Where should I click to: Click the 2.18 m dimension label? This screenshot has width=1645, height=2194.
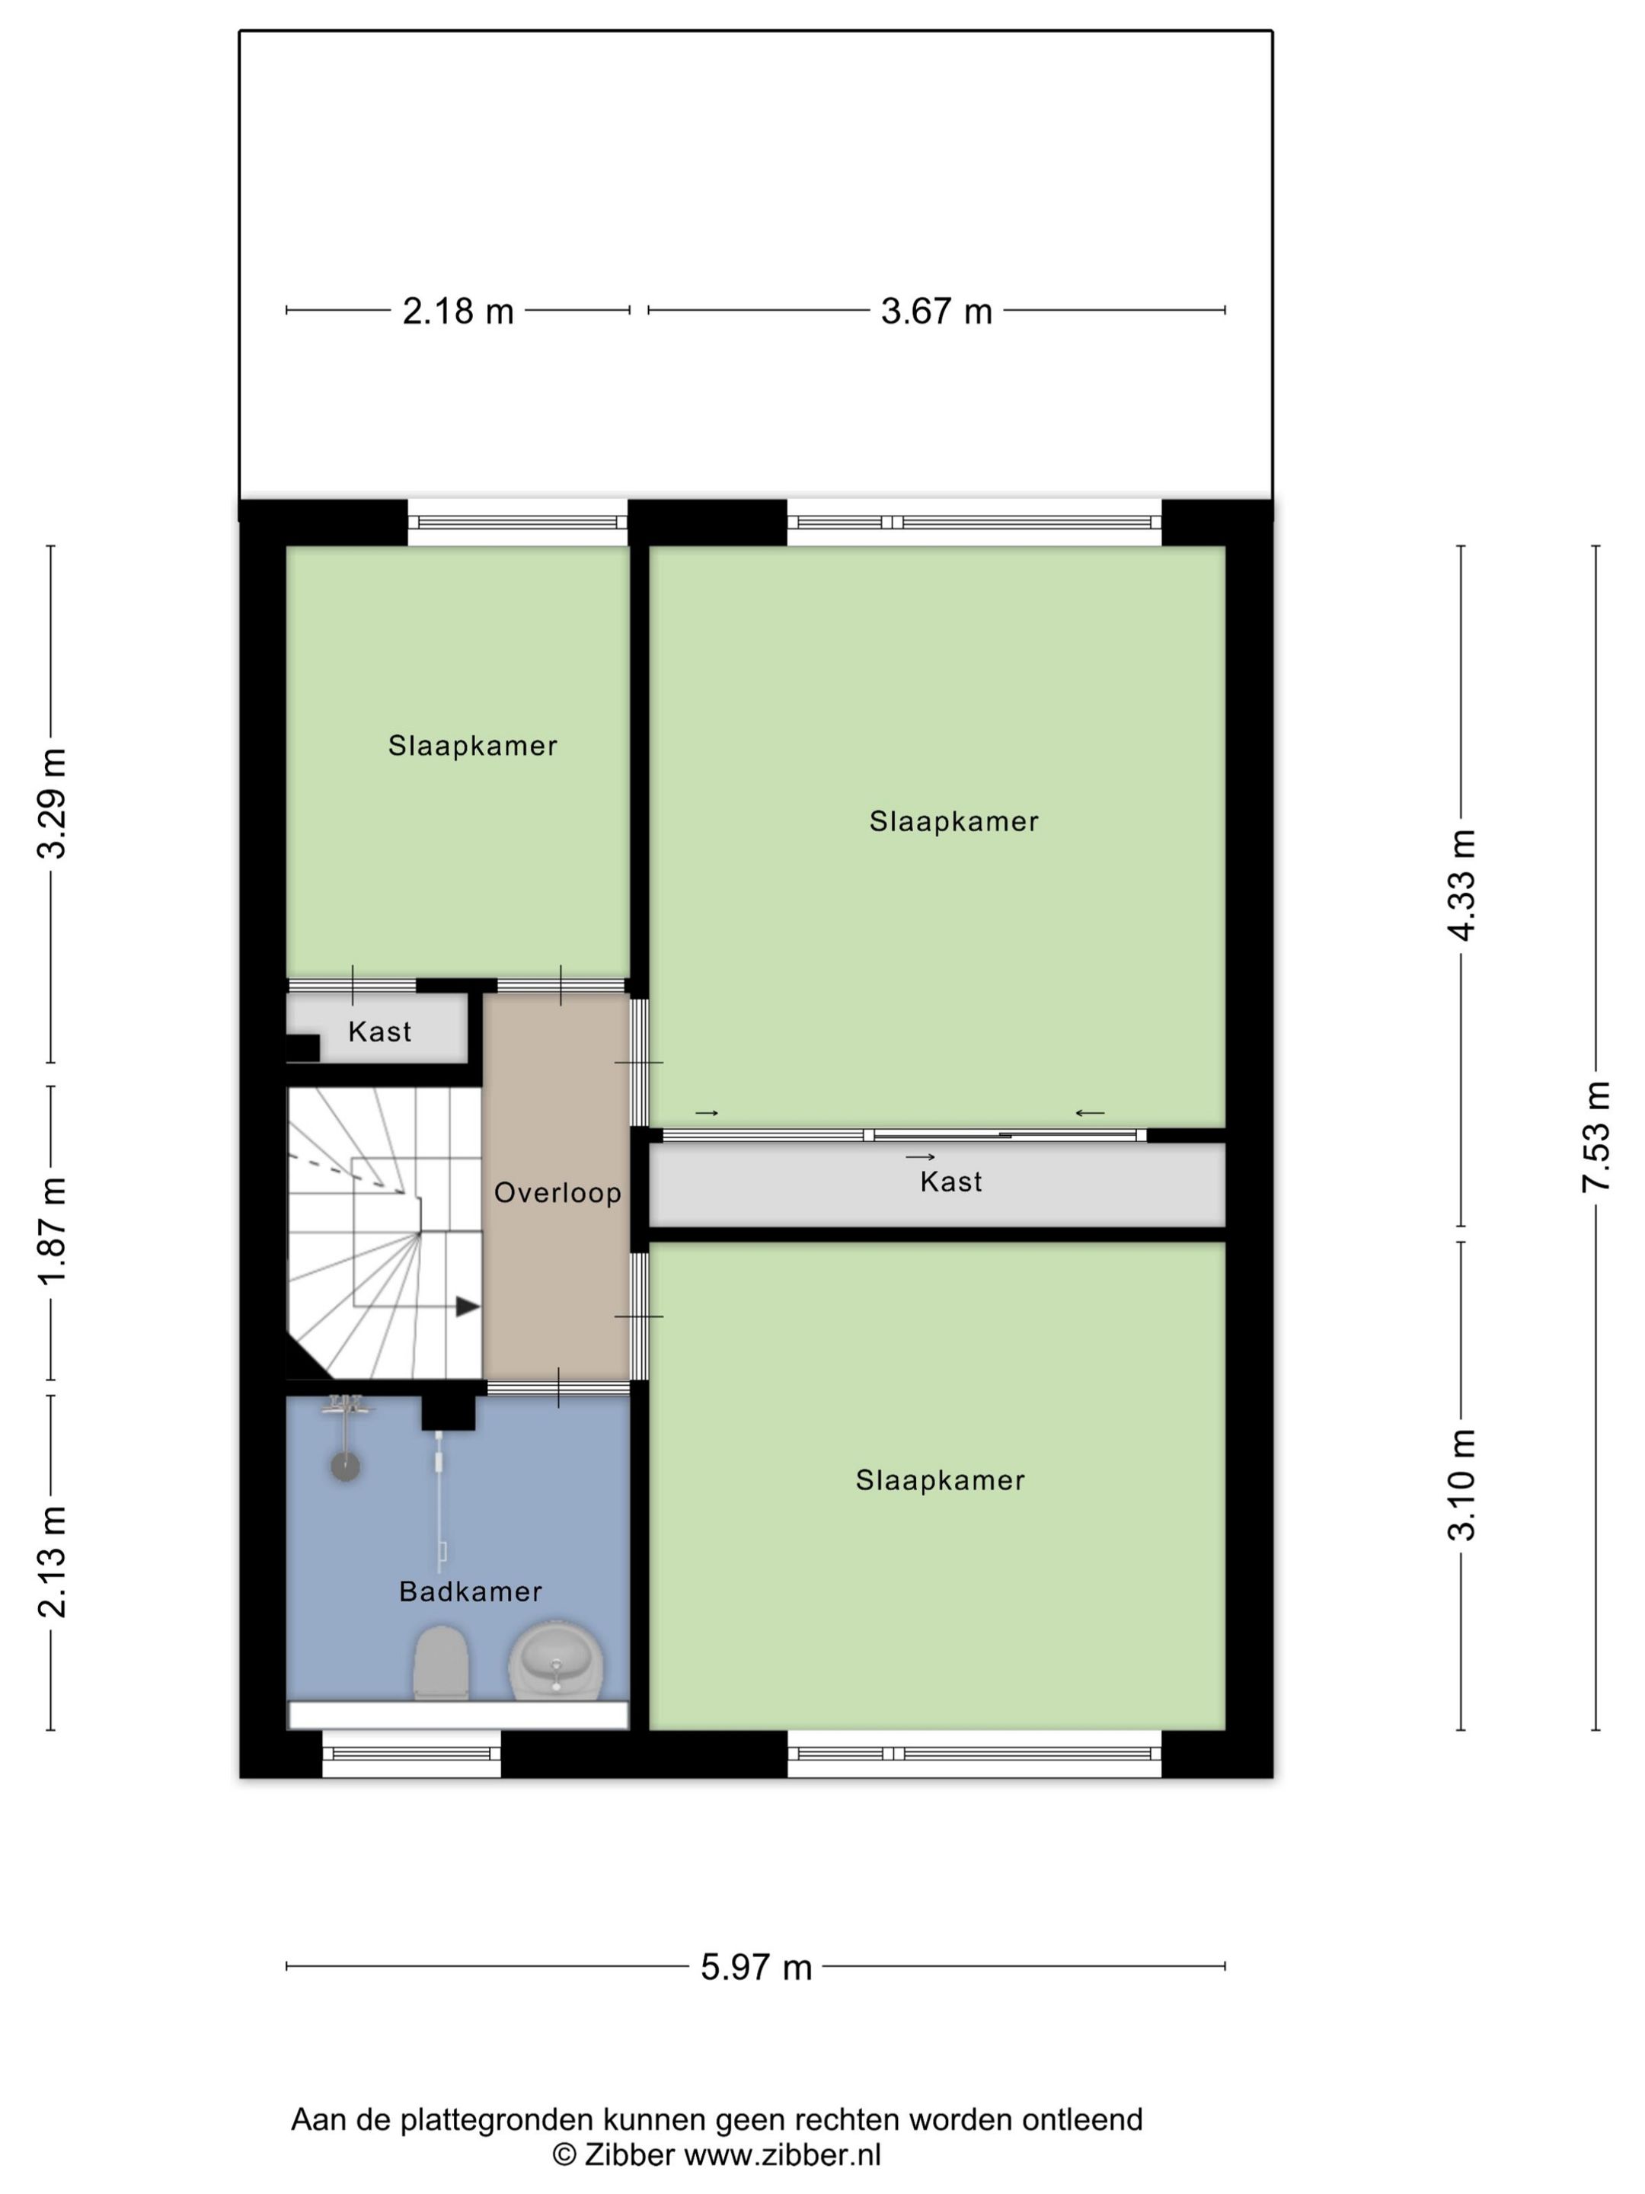(457, 312)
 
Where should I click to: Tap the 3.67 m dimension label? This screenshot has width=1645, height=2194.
(936, 312)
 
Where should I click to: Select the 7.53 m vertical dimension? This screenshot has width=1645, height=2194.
(1596, 1137)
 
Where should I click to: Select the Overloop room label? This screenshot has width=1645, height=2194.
(557, 1192)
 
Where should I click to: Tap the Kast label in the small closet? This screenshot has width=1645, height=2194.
(379, 1031)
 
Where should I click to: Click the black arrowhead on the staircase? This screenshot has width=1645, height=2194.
(467, 1307)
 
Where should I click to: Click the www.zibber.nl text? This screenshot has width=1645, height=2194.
(782, 2154)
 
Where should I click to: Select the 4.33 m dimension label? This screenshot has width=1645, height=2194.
(1461, 884)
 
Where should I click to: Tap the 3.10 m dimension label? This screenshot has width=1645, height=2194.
(1461, 1485)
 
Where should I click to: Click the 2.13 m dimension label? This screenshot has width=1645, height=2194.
(52, 1561)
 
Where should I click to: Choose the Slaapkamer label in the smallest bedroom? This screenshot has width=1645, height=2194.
(472, 746)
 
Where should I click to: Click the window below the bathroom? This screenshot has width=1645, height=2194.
(410, 1754)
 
